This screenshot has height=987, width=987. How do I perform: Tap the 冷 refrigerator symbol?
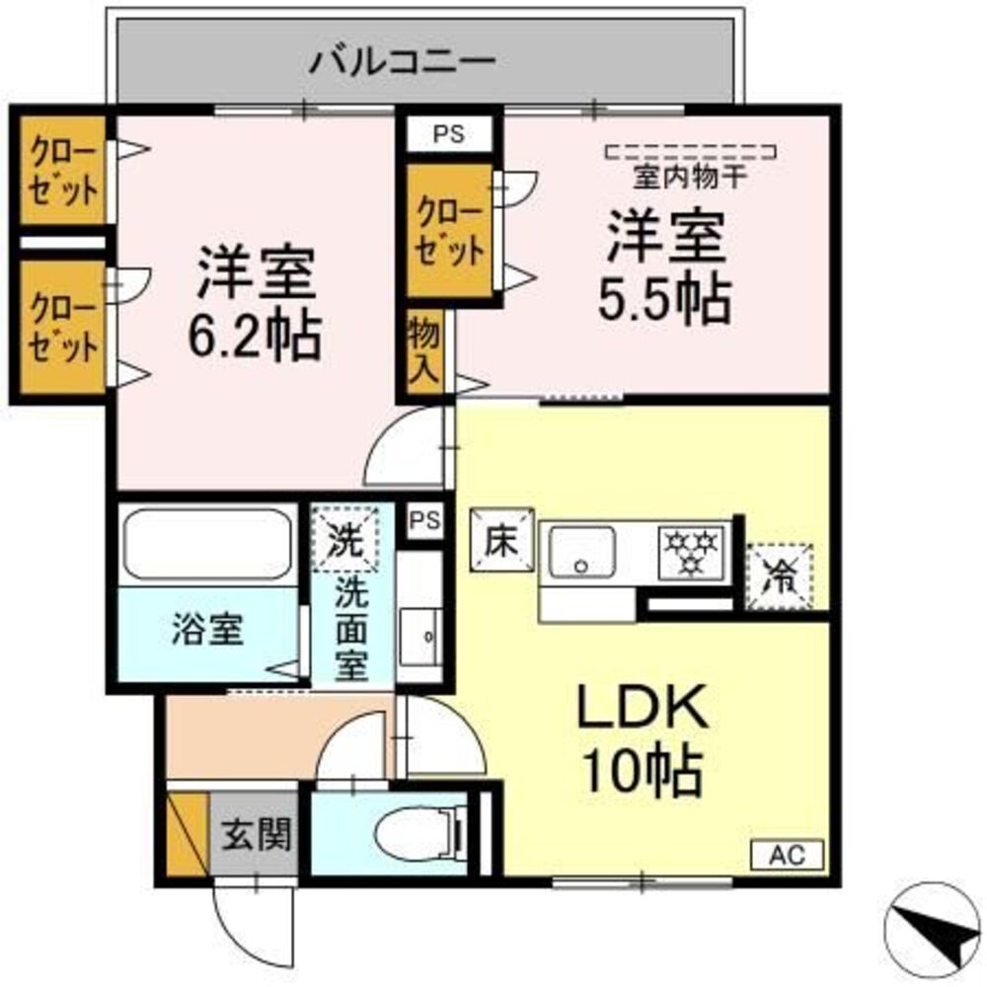[x=780, y=574]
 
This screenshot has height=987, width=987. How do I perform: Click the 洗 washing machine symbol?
[x=345, y=538]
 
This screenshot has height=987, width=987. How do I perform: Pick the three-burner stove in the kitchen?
[x=692, y=549]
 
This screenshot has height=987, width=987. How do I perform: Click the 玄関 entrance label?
[x=255, y=836]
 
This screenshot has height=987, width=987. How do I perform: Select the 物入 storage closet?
[x=426, y=351]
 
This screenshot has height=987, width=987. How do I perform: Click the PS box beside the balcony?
[x=449, y=134]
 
